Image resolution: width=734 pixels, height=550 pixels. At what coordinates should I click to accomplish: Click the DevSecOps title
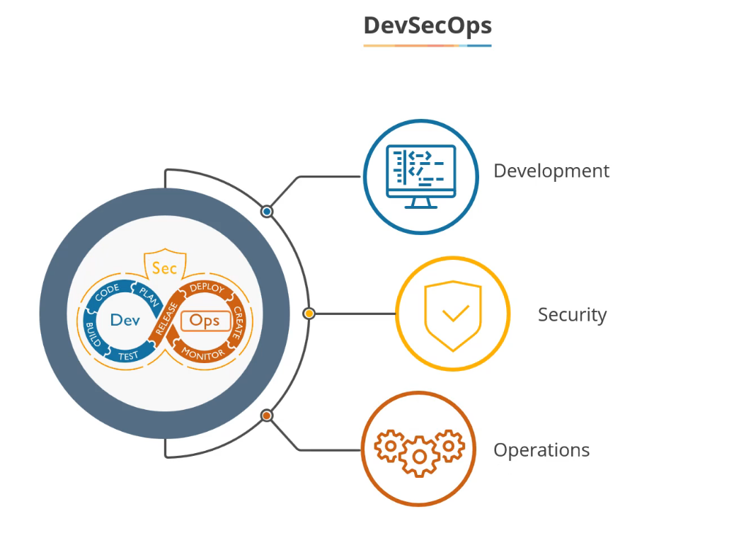click(427, 25)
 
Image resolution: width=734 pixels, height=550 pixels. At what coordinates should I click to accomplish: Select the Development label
click(551, 171)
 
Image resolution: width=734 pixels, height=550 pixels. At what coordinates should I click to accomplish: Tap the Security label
click(572, 314)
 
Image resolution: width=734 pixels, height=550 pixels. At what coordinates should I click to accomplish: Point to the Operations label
click(541, 450)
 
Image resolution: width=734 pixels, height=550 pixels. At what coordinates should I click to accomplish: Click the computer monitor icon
click(420, 176)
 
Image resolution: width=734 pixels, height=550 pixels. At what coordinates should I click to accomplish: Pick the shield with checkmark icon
click(452, 314)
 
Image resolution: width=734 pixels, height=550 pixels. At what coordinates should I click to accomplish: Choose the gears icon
click(419, 450)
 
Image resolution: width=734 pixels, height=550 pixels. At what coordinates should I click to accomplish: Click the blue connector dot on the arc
click(267, 211)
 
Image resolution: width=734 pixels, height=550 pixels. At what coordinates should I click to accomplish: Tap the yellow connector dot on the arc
click(309, 313)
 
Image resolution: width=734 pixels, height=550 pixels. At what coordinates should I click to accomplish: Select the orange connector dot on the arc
click(267, 416)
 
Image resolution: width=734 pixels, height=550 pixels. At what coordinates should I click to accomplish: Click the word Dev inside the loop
click(125, 320)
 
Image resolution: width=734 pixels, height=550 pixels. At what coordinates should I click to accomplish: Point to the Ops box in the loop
click(205, 321)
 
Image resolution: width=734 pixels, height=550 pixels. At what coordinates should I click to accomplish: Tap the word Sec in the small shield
click(164, 268)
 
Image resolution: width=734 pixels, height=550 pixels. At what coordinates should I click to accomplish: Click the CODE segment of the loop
click(107, 292)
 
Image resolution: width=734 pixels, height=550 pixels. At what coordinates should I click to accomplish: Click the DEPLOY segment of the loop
click(207, 288)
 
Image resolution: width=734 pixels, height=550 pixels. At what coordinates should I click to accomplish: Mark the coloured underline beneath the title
click(427, 45)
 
